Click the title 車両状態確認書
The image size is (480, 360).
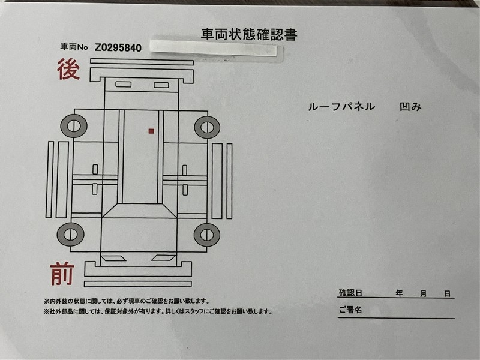[x=249, y=34]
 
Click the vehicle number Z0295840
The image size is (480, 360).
[x=118, y=48]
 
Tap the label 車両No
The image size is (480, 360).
[x=74, y=47]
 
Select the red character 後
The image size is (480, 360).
[x=68, y=69]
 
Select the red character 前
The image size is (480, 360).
[x=62, y=274]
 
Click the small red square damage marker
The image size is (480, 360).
[x=151, y=131]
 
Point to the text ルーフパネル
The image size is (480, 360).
[x=341, y=107]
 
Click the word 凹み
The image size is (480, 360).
[x=410, y=107]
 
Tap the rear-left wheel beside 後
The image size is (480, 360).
[x=74, y=126]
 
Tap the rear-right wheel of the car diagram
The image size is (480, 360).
[x=207, y=127]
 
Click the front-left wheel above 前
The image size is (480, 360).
[x=70, y=234]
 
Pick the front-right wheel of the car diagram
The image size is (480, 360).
[x=207, y=235]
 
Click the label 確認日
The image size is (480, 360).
[x=350, y=293]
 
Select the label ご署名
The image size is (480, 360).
[x=350, y=310]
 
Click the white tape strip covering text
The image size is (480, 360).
[x=214, y=48]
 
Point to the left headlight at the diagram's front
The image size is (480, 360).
[x=113, y=259]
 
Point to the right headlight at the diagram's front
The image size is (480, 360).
[x=164, y=258]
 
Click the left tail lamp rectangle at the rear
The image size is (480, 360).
[x=124, y=84]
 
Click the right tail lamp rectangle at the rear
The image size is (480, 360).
[x=161, y=85]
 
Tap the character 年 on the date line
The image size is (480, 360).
[x=399, y=293]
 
